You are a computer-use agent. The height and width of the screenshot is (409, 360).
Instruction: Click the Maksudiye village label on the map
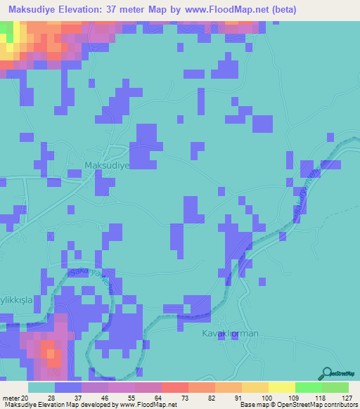pyautogui.click(x=108, y=166)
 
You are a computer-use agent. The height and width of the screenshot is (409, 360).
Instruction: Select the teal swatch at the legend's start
pyautogui.click(x=41, y=387)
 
